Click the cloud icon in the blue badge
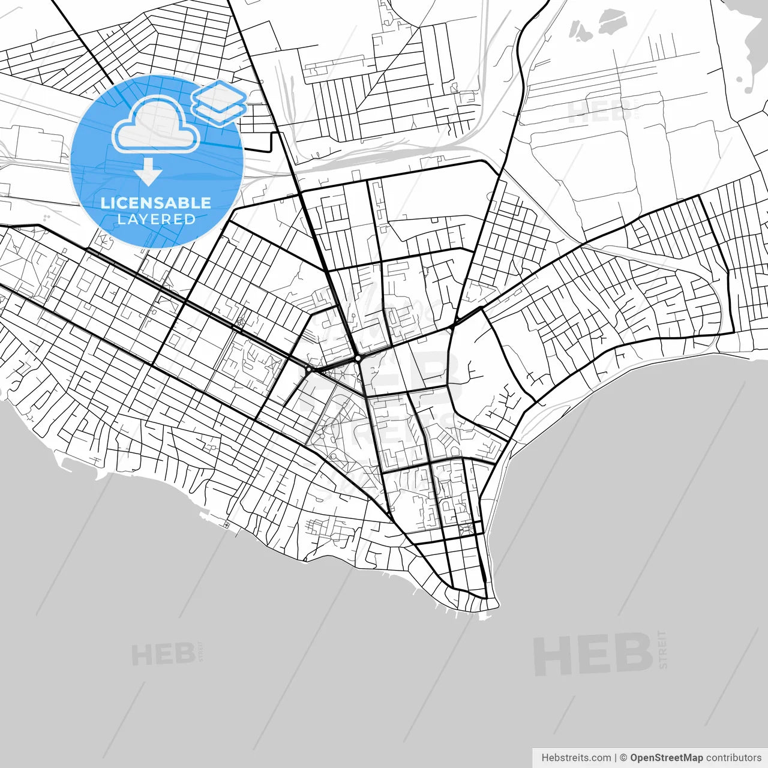point(157,125)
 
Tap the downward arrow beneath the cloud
point(148,172)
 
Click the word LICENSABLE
point(156,203)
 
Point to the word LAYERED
point(156,220)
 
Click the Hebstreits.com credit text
point(576,758)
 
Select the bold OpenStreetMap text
point(666,758)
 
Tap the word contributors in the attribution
point(734,758)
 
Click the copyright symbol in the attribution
point(623,758)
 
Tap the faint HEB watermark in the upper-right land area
point(594,112)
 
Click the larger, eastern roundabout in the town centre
point(358,358)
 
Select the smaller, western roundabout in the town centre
point(308,370)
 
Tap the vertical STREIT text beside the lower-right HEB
point(662,649)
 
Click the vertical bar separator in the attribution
point(616,758)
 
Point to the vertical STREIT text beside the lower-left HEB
point(201,652)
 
